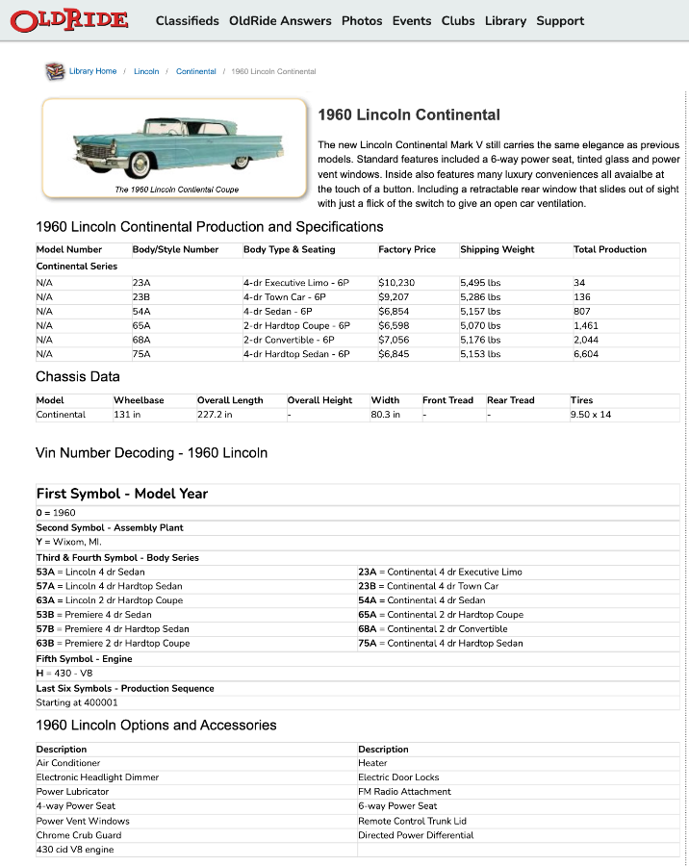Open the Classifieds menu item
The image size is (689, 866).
[187, 20]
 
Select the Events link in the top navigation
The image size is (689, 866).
[412, 20]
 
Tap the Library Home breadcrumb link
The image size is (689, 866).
[92, 71]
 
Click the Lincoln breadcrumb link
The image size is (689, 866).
[146, 71]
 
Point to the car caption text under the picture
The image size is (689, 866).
[176, 190]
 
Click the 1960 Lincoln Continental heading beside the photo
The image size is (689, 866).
[409, 115]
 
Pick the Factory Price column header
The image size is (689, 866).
[407, 249]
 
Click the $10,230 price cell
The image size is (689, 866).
[396, 283]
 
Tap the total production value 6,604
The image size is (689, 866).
[586, 354]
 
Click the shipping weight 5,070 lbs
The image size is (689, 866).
[480, 325]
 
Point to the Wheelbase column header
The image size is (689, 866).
[139, 400]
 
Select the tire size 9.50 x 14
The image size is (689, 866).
[590, 415]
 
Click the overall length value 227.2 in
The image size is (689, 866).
[215, 415]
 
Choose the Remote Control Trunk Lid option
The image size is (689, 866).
[412, 821]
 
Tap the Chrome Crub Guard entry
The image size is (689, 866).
[79, 835]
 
